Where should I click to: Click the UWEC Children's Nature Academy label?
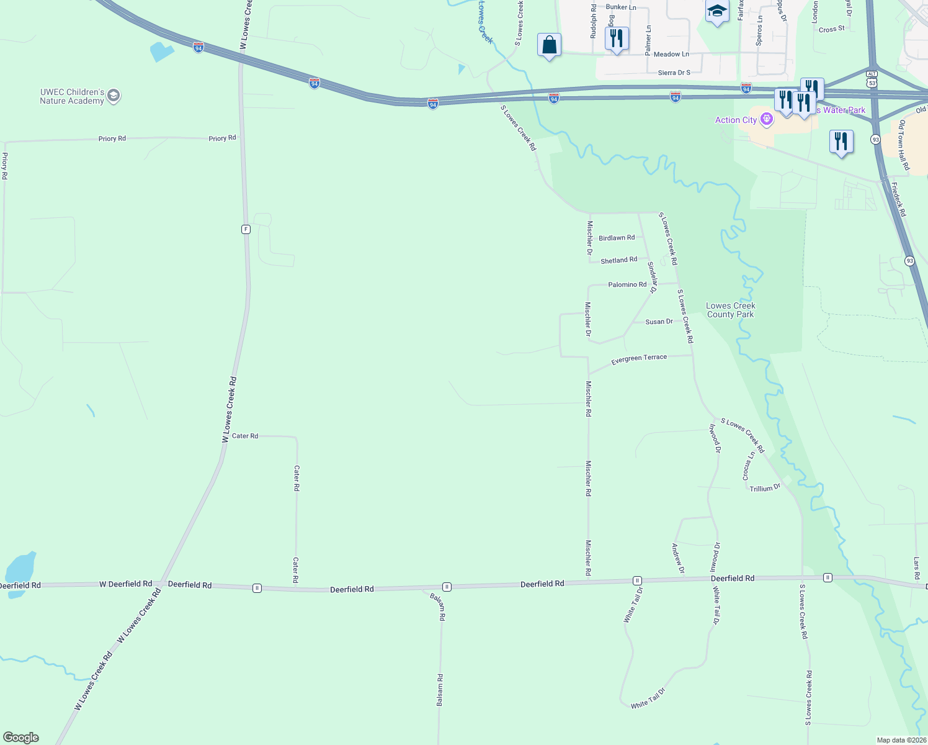[x=72, y=96]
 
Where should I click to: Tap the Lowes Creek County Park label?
[x=731, y=310]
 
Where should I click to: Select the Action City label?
[x=736, y=120]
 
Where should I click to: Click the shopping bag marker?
[x=549, y=45]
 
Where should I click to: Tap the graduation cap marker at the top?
[x=717, y=11]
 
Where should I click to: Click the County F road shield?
[x=246, y=229]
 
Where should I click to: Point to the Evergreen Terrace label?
[x=639, y=359]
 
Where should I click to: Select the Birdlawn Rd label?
[x=617, y=238]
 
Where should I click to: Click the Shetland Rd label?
[x=618, y=260]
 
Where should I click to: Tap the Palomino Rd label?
[x=627, y=284]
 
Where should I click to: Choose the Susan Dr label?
[x=659, y=322]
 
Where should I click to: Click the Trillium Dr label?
[x=765, y=489]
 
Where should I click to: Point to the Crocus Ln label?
[x=749, y=465]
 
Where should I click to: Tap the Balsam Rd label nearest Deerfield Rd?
[x=438, y=607]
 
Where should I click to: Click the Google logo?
[x=20, y=738]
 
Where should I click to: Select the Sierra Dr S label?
[x=674, y=73]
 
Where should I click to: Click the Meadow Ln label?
[x=671, y=54]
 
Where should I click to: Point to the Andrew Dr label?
[x=678, y=558]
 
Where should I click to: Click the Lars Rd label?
[x=917, y=568]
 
